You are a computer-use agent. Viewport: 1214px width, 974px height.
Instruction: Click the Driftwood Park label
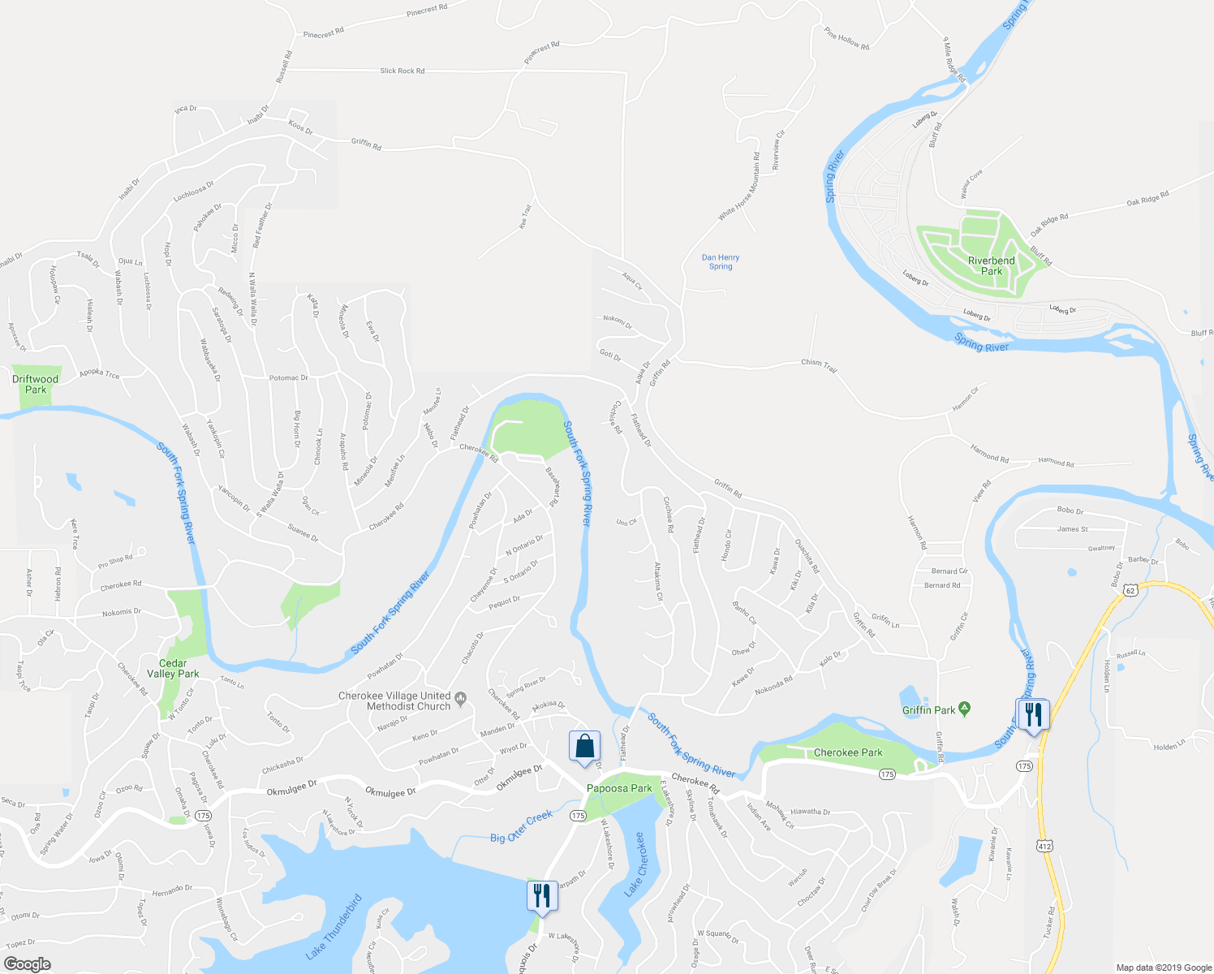pyautogui.click(x=36, y=384)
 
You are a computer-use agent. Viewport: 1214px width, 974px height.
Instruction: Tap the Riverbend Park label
pyautogui.click(x=991, y=266)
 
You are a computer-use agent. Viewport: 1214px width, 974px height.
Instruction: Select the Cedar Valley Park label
pyautogui.click(x=173, y=669)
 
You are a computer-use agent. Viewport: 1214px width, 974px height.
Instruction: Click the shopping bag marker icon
pyautogui.click(x=584, y=745)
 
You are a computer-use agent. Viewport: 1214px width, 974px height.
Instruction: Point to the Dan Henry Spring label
pyautogui.click(x=721, y=261)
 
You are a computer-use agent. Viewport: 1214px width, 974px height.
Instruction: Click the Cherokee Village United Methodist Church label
pyautogui.click(x=394, y=701)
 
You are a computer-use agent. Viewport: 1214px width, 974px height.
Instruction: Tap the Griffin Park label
pyautogui.click(x=928, y=710)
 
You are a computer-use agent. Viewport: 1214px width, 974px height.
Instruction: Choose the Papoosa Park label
pyautogui.click(x=620, y=788)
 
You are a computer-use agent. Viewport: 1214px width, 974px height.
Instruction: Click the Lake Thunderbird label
pyautogui.click(x=334, y=927)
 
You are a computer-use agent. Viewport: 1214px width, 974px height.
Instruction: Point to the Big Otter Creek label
pyautogui.click(x=521, y=826)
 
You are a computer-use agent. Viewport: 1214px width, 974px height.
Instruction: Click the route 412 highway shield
pyautogui.click(x=1044, y=846)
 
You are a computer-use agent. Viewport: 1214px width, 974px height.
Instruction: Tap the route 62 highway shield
pyautogui.click(x=1131, y=590)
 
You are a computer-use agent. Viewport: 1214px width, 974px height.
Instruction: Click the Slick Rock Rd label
pyautogui.click(x=403, y=71)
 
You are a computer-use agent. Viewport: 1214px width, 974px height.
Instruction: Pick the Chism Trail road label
pyautogui.click(x=818, y=365)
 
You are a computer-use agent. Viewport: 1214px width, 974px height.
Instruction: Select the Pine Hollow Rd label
pyautogui.click(x=846, y=39)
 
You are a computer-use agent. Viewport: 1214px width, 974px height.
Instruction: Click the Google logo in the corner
pyautogui.click(x=28, y=964)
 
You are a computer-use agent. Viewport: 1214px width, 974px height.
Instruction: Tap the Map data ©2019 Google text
pyautogui.click(x=1163, y=968)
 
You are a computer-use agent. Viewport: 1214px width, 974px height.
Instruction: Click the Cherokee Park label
pyautogui.click(x=848, y=752)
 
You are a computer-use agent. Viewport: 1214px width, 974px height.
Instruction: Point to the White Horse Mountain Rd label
pyautogui.click(x=739, y=187)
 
